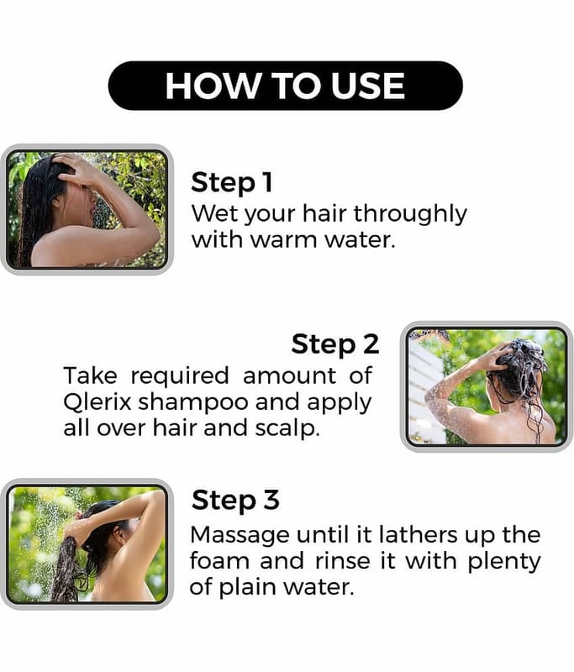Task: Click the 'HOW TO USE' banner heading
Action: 285,86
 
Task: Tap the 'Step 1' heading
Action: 231,183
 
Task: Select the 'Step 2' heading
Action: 335,344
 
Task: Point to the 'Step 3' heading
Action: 235,501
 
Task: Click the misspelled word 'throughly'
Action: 410,214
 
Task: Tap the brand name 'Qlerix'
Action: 97,402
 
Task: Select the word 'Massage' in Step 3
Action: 240,536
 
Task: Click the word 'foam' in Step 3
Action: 219,560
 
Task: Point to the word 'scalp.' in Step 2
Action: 287,429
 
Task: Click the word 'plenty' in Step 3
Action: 503,562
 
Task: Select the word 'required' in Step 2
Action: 180,376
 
